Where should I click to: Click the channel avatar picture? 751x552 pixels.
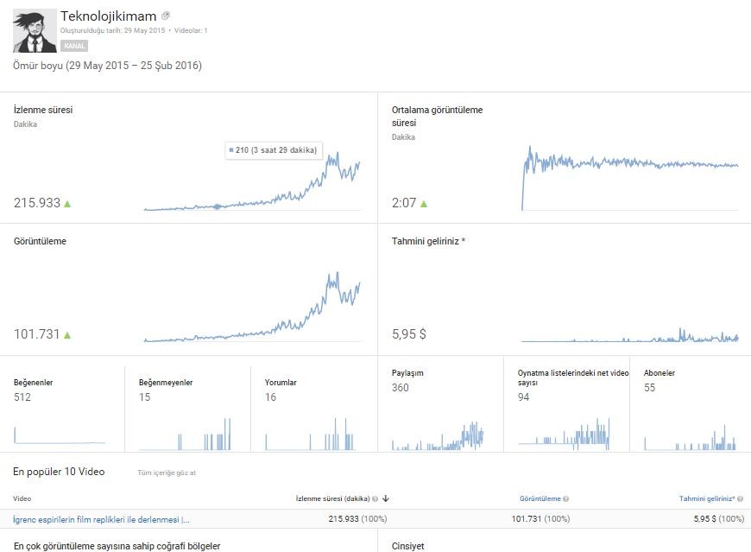35,31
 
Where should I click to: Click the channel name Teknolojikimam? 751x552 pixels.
108,16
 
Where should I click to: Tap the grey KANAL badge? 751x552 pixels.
74,46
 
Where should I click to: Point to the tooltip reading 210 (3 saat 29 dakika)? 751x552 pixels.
274,150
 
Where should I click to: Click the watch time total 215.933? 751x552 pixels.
37,203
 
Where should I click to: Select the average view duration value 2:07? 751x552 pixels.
404,203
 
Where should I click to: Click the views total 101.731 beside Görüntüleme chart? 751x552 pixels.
37,334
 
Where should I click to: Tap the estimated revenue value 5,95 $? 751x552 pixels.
408,334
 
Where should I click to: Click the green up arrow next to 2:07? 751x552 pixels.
424,204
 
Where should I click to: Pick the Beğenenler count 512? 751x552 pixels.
22,397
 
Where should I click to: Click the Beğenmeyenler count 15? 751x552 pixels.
145,397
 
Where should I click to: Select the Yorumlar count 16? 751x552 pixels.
270,397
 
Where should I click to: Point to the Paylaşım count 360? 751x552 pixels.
401,388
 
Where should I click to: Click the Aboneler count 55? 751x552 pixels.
649,388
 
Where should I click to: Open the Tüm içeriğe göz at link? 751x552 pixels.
167,473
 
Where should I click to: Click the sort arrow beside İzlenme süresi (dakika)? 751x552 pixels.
386,498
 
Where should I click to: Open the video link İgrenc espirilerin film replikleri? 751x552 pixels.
101,519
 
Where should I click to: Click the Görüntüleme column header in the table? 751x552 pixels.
540,498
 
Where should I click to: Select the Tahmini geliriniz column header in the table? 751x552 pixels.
707,498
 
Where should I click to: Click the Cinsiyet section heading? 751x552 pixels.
408,546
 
